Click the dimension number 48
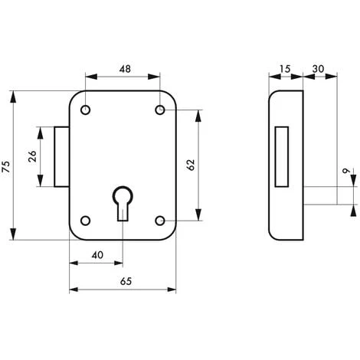tap(125, 69)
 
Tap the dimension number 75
tap(6, 167)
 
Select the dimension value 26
tap(32, 156)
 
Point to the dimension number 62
tap(191, 165)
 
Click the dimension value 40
tap(97, 255)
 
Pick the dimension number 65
tap(126, 281)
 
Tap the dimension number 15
tap(285, 69)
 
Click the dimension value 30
tap(318, 69)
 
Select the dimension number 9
tap(346, 171)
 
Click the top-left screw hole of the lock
tap(86, 110)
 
